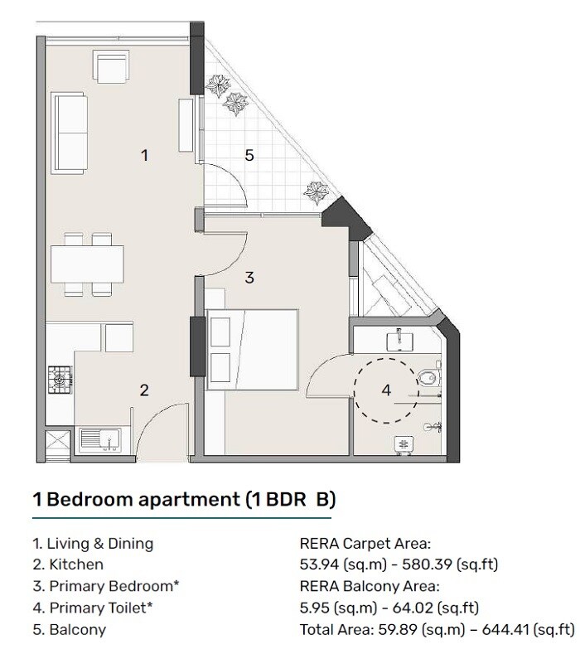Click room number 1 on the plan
144,154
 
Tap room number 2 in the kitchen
143,390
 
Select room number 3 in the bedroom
249,279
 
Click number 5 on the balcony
249,154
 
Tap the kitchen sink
106,438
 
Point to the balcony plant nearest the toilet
316,193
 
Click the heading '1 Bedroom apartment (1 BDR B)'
183,500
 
